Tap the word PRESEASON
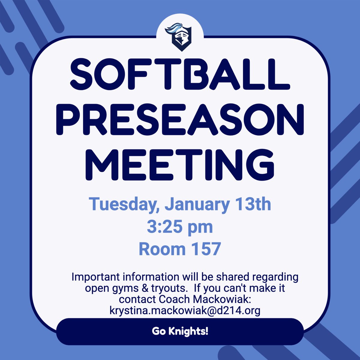click(180, 118)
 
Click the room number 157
click(204, 249)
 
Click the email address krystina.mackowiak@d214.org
click(185, 310)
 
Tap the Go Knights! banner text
click(180, 331)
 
